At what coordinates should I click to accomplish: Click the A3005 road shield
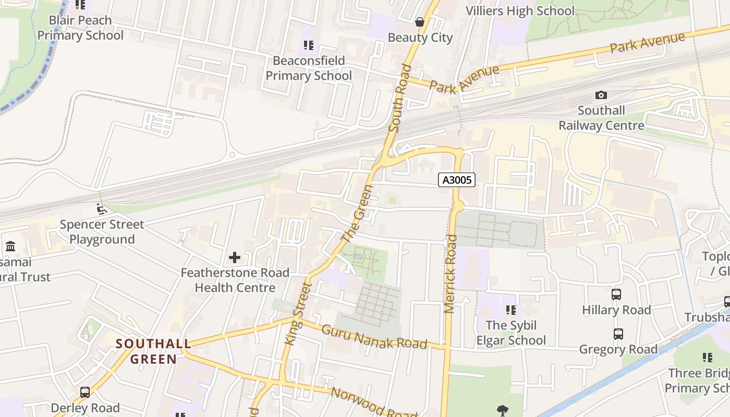point(457,180)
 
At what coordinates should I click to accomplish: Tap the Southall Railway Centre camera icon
point(601,95)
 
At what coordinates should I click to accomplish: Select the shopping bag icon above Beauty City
point(420,22)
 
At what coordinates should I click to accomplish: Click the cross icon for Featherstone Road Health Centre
point(235,257)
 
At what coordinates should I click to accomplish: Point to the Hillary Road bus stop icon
point(616,295)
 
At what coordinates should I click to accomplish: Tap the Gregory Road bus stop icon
point(618,334)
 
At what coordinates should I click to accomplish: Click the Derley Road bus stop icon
point(85,392)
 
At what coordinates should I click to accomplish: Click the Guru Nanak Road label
point(374,337)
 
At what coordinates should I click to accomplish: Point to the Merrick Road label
point(451,274)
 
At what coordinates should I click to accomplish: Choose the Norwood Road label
point(374,402)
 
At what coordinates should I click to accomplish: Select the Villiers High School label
point(520,11)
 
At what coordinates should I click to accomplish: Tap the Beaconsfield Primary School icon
point(309,45)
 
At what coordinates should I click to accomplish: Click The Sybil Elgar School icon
point(511,310)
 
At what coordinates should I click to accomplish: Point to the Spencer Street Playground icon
point(102,209)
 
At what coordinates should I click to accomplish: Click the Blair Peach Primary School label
point(80,28)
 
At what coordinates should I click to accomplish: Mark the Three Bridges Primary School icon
point(708,358)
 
